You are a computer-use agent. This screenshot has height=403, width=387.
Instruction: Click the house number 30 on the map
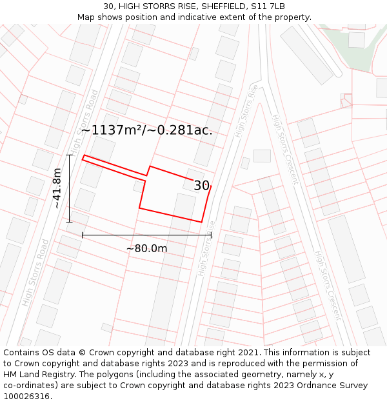click(x=201, y=186)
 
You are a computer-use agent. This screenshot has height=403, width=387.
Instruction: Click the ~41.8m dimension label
click(x=57, y=188)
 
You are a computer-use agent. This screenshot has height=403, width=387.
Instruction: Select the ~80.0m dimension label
click(x=146, y=249)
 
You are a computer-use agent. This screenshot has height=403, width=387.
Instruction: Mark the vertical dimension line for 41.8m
click(x=69, y=188)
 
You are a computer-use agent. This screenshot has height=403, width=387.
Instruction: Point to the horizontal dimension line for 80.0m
click(x=146, y=235)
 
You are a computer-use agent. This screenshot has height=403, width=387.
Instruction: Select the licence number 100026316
click(x=27, y=397)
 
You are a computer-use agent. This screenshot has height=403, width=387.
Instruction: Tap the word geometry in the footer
click(x=261, y=375)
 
